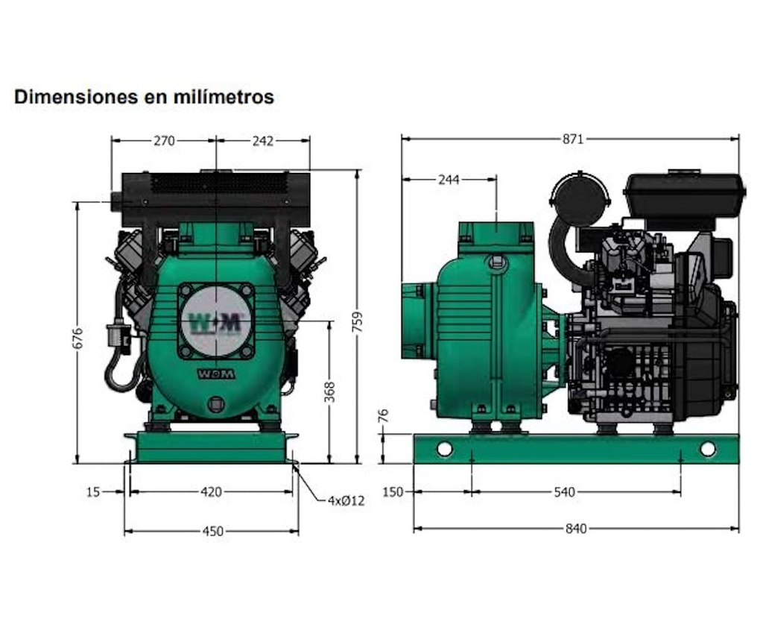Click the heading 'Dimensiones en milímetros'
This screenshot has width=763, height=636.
(x=144, y=97)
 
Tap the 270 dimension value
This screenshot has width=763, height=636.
(x=163, y=141)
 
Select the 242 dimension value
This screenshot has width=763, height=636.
(x=263, y=141)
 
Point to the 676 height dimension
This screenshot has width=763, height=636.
(x=77, y=339)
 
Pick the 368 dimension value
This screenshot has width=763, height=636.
(x=330, y=391)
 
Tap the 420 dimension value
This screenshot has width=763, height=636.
(x=212, y=492)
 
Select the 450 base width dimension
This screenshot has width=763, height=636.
(x=212, y=532)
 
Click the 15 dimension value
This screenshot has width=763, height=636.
(x=92, y=492)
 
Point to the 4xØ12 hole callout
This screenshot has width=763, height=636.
(x=346, y=501)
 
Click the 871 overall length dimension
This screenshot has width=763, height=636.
(x=572, y=139)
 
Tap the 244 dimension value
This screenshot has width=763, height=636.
(x=449, y=180)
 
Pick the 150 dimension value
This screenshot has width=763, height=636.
(x=393, y=492)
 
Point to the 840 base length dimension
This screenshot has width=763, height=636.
(x=576, y=529)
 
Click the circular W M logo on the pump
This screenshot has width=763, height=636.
(x=216, y=321)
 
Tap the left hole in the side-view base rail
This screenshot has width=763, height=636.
(x=445, y=449)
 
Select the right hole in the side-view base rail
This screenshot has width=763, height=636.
(x=707, y=449)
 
